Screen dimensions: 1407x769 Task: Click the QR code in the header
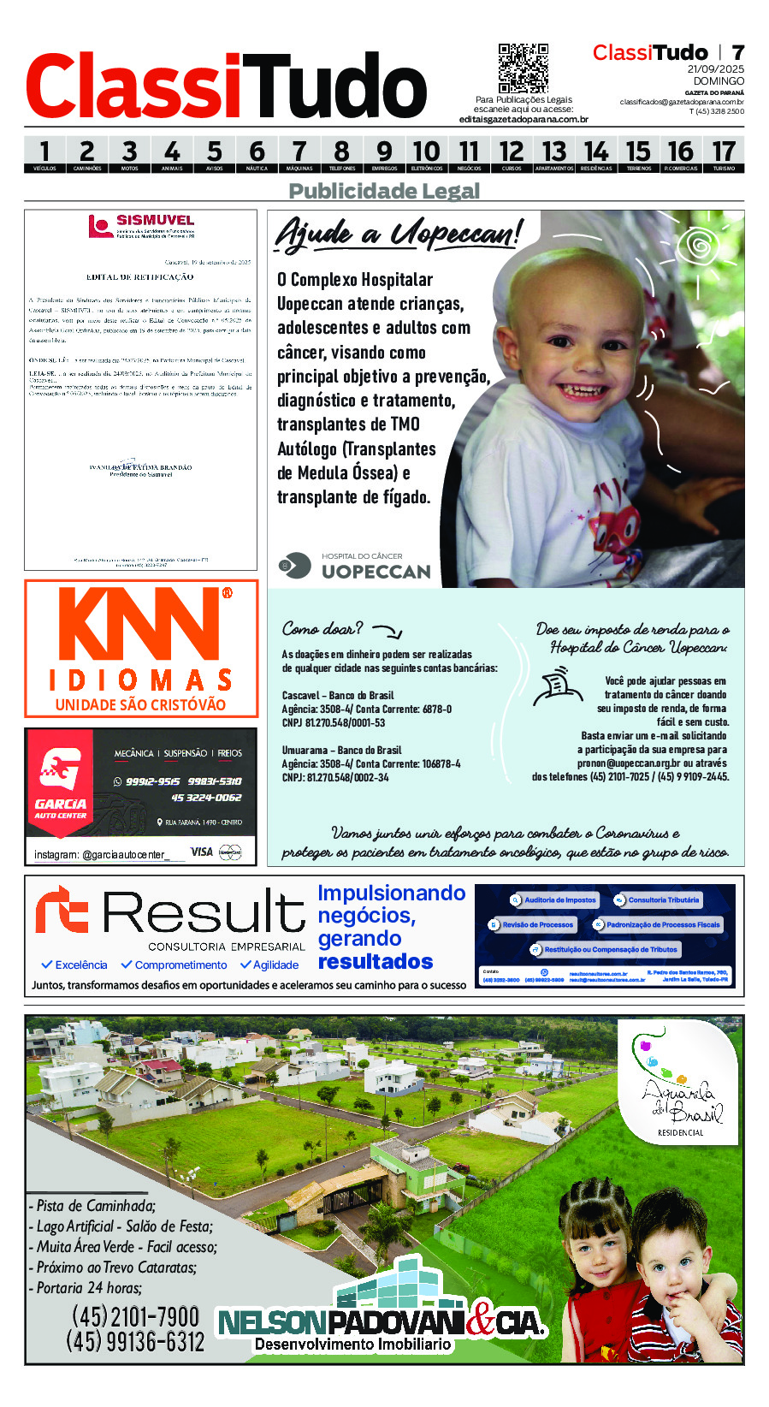click(x=523, y=68)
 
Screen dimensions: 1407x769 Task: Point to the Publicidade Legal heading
click(x=384, y=191)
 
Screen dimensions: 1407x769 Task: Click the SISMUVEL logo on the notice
click(x=141, y=226)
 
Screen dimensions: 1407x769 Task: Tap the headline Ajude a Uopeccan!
click(x=397, y=234)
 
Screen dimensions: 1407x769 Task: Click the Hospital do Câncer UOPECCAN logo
click(x=355, y=566)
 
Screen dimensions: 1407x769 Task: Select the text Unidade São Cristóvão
click(x=140, y=705)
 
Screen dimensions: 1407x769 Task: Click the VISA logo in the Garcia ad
click(x=201, y=852)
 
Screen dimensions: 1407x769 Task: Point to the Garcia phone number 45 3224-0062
click(x=206, y=798)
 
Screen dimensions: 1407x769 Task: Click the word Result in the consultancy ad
click(x=204, y=912)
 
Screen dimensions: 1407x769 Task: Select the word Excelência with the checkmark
click(x=74, y=965)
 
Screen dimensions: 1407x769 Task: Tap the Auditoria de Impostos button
click(x=553, y=900)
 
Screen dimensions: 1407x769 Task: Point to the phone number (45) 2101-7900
click(x=135, y=1315)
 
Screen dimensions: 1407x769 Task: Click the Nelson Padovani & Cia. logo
click(x=382, y=1323)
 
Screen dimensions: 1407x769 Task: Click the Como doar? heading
click(x=322, y=629)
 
